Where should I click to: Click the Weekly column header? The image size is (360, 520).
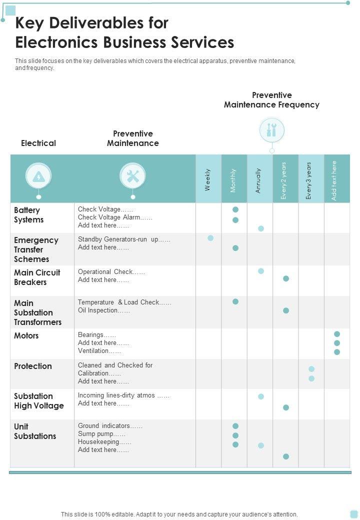208,179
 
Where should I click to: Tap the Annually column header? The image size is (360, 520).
259,180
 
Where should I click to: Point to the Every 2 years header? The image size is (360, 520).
284,180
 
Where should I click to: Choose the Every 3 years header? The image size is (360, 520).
310,180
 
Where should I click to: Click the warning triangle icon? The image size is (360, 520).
38,176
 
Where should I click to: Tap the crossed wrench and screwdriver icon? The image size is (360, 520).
132,176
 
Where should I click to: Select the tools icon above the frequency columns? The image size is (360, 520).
271,130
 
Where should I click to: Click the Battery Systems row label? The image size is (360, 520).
29,215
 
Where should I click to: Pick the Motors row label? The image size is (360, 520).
26,335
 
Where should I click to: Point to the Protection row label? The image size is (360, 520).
33,366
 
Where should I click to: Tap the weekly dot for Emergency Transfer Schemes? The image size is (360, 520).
210,238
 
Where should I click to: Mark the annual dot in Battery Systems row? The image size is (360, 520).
261,228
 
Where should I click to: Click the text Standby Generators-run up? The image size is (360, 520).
124,239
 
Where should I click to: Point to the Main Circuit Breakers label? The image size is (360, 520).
37,277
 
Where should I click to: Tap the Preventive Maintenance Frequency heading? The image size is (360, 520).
271,100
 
